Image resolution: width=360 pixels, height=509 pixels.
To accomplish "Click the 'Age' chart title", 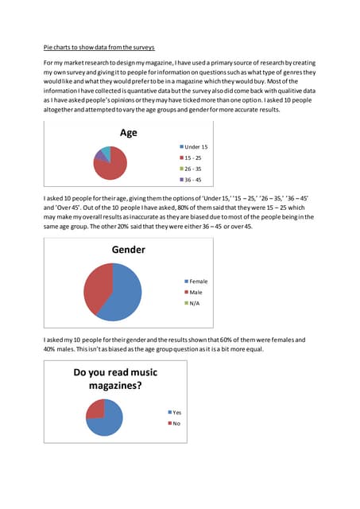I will point(128,134).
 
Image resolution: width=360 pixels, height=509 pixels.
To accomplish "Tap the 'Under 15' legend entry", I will point(195,147).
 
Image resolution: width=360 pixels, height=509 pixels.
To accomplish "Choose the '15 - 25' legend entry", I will point(194,158).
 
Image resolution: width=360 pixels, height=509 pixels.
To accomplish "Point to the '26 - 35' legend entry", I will point(194,169).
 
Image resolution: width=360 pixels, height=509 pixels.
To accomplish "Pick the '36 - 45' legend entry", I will point(194,181).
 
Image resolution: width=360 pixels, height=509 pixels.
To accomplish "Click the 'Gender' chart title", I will point(128,250).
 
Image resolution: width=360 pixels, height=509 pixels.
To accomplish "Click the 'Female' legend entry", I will point(197,282).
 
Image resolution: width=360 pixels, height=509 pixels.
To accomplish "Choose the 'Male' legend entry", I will point(195,293).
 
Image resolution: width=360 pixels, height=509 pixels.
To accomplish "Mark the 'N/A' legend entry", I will point(194,304).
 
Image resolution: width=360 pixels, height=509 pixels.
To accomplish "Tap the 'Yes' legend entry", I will point(176,413).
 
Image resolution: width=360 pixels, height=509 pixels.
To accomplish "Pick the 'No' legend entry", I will point(175,423).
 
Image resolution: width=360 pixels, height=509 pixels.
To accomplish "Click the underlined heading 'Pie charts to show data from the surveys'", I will point(99,48).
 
